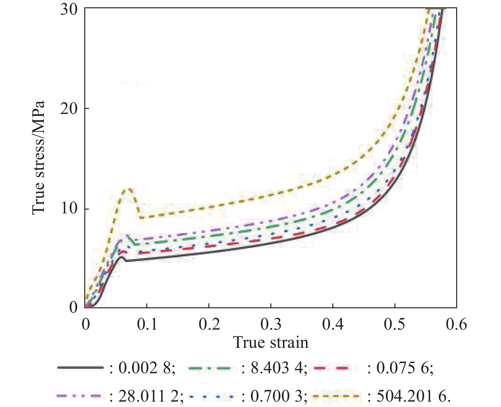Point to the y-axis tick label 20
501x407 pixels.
pyautogui.click(x=69, y=109)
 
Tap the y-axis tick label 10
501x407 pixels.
pyautogui.click(x=69, y=209)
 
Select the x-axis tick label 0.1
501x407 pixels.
pyautogui.click(x=147, y=324)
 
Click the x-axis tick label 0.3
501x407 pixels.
pyautogui.click(x=271, y=324)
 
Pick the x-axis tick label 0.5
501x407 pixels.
pyautogui.click(x=394, y=324)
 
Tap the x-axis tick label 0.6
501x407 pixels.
pyautogui.click(x=456, y=324)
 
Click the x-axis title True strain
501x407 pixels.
pyautogui.click(x=271, y=343)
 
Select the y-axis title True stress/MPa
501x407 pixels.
pyautogui.click(x=38, y=158)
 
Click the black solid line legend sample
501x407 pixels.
pyautogui.click(x=80, y=368)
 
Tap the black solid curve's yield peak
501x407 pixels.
pyautogui.click(x=121, y=257)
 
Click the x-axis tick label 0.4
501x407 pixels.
pyautogui.click(x=333, y=324)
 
